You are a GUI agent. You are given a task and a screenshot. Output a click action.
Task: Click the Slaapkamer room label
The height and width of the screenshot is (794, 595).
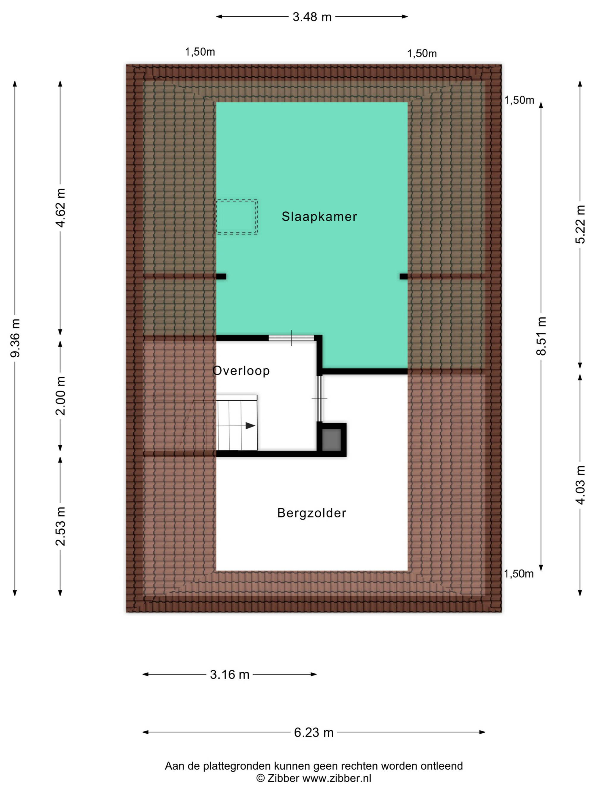[319, 216]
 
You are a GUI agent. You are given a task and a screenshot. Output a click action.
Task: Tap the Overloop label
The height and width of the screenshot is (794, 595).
[241, 370]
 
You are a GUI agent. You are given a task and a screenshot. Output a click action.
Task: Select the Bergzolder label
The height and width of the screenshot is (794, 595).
[312, 513]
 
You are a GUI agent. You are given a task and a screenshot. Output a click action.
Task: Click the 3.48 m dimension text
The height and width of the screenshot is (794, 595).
[312, 17]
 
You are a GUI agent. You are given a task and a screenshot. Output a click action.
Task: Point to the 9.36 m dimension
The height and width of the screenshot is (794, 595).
[15, 338]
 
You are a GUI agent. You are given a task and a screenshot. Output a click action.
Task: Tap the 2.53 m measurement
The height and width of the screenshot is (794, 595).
[61, 526]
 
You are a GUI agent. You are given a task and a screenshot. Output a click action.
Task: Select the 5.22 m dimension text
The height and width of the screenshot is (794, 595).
[580, 224]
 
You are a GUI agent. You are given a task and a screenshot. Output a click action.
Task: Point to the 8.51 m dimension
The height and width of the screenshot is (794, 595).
[541, 336]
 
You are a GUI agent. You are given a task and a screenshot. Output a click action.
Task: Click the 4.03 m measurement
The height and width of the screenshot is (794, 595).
[580, 485]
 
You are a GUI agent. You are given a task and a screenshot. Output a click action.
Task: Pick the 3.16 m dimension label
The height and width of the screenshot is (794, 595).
[230, 675]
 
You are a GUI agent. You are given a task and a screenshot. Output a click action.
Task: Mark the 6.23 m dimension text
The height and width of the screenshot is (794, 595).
[314, 732]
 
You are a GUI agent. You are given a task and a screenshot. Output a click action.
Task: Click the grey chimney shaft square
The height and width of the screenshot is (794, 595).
[331, 440]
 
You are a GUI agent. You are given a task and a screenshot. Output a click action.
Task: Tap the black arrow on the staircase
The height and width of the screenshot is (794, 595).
[250, 426]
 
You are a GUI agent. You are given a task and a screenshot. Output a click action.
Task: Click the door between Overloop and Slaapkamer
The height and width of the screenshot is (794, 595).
[291, 338]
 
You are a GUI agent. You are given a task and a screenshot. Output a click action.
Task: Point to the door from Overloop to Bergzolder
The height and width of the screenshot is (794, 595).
[319, 398]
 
